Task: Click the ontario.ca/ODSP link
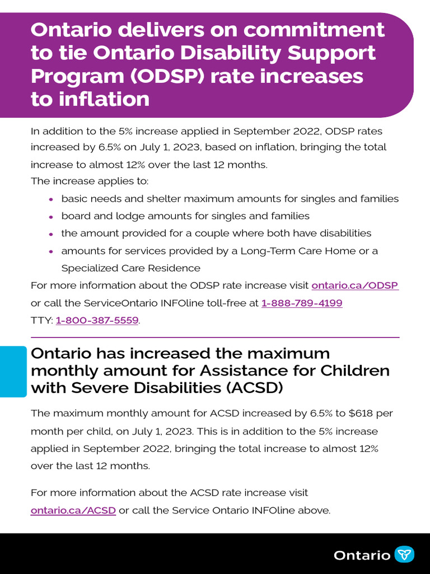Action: coord(354,285)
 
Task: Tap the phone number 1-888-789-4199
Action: coord(302,303)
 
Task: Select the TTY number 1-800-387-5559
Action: coord(97,321)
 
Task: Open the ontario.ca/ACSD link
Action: coord(73,510)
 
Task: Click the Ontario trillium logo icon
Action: coord(404,554)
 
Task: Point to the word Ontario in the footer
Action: coord(362,555)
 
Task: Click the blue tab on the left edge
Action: coord(13,372)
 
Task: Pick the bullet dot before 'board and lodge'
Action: coord(51,216)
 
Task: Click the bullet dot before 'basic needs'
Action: coord(51,199)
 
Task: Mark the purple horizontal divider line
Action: coord(215,337)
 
